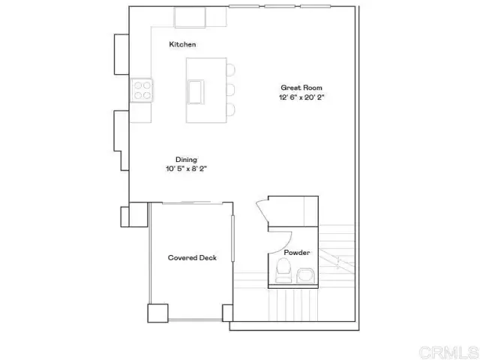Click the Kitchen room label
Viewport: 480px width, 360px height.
click(x=182, y=44)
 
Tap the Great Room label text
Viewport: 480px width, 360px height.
click(x=301, y=88)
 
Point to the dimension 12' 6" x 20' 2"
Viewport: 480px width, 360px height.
click(x=301, y=97)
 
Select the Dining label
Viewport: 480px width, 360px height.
click(x=186, y=160)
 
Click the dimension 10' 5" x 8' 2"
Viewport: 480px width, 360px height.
click(x=187, y=169)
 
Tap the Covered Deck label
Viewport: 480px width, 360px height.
click(x=192, y=258)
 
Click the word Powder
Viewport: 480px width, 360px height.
click(x=297, y=253)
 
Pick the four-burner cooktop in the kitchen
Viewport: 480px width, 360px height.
click(x=142, y=90)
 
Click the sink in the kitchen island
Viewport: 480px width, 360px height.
click(x=196, y=91)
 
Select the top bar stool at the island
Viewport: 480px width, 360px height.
click(x=231, y=70)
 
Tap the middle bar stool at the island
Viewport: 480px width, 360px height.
click(x=231, y=90)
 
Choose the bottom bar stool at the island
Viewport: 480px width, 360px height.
click(x=231, y=110)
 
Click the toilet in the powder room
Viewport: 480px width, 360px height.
click(x=283, y=270)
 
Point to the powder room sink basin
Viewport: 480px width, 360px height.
click(x=305, y=275)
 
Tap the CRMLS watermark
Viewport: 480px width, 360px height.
click(x=449, y=352)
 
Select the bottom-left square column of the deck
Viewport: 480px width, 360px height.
click(x=158, y=313)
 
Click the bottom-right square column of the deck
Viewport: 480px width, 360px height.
click(x=227, y=313)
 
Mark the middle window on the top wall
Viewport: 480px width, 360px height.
click(x=280, y=6)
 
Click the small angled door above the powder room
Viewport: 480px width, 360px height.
click(x=262, y=211)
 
